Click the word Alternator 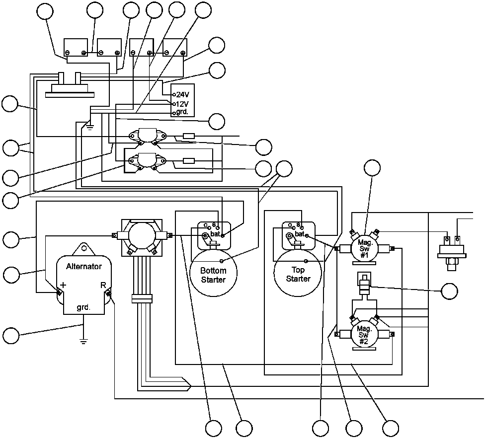pyautogui.click(x=84, y=267)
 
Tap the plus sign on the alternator pyautogui.click(x=63, y=286)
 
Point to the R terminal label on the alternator pyautogui.click(x=103, y=285)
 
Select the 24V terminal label pyautogui.click(x=182, y=94)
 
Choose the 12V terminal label pyautogui.click(x=182, y=104)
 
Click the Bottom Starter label pyautogui.click(x=213, y=275)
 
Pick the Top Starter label pyautogui.click(x=298, y=274)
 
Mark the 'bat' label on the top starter pyautogui.click(x=300, y=234)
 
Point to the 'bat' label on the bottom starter pyautogui.click(x=216, y=233)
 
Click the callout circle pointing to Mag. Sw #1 pyautogui.click(x=372, y=168)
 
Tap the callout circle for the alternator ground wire pyautogui.click(x=10, y=335)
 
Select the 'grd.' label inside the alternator pyautogui.click(x=83, y=307)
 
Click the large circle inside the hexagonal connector pyautogui.click(x=143, y=235)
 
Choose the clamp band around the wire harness pyautogui.click(x=143, y=298)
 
